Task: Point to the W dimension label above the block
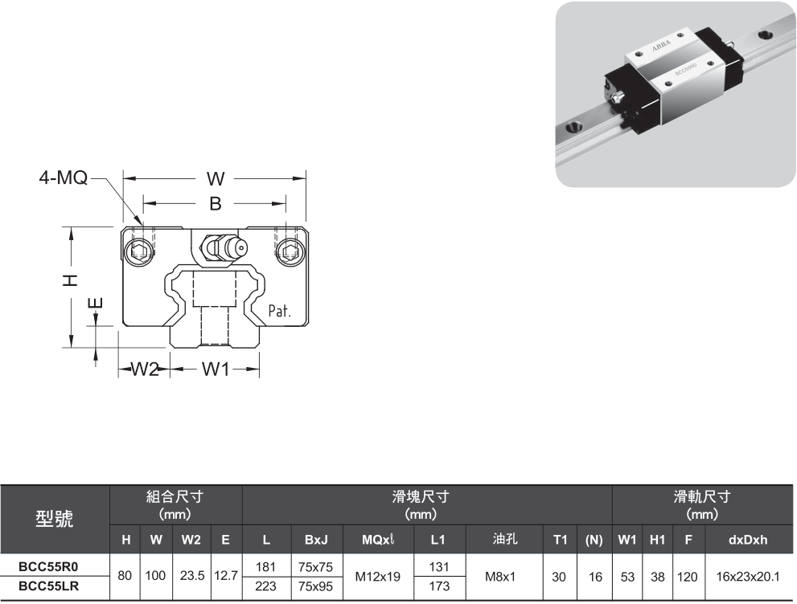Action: tap(215, 178)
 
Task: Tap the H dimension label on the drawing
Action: tap(72, 279)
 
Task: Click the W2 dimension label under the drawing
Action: tap(146, 369)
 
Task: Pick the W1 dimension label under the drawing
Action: tap(216, 369)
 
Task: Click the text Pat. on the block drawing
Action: tap(279, 310)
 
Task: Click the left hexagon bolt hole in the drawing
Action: tap(140, 251)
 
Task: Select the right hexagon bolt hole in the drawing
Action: tap(288, 251)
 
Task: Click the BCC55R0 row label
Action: tap(48, 567)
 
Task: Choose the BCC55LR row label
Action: tap(48, 586)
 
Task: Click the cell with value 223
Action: tap(266, 586)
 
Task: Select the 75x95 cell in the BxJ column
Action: tap(316, 586)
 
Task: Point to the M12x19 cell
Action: tap(377, 577)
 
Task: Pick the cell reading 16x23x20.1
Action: tap(748, 577)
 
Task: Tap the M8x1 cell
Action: tap(504, 577)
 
